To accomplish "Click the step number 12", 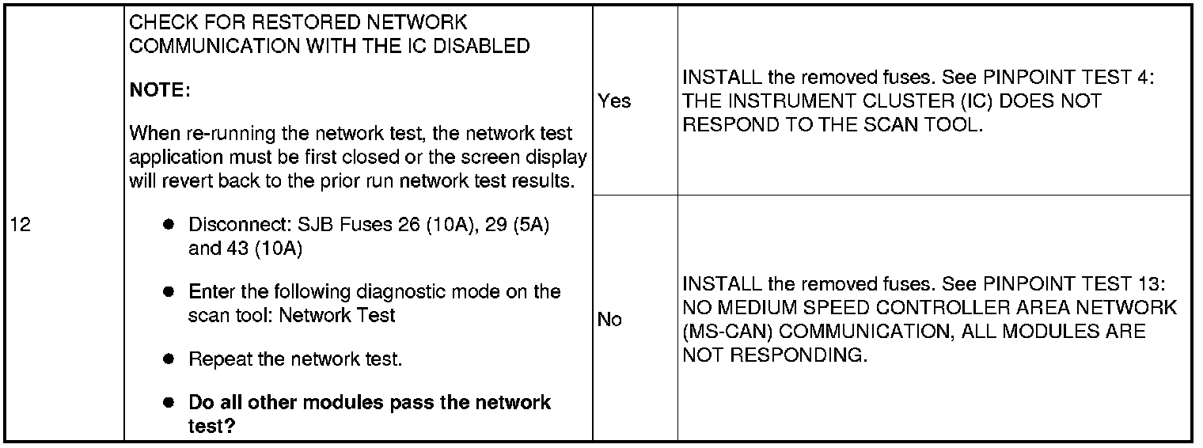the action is tap(21, 225).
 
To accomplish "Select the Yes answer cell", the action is tap(614, 101).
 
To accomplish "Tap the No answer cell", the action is tap(609, 320).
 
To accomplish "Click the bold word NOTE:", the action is tap(160, 91).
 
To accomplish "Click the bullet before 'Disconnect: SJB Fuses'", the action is tap(168, 225).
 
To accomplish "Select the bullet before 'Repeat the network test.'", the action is tap(168, 359).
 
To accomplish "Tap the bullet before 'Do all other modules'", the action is tap(168, 402).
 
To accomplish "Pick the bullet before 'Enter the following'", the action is tap(168, 291).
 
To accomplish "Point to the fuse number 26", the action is tap(408, 225).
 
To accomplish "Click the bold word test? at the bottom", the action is tap(213, 426).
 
